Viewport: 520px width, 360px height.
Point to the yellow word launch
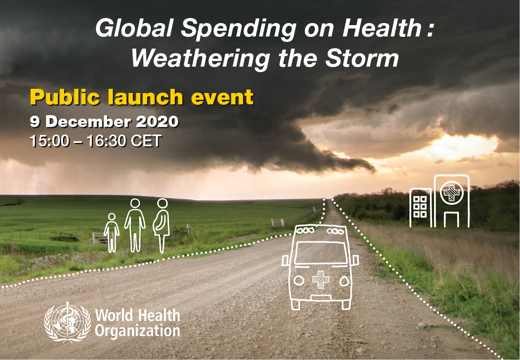[x=145, y=97]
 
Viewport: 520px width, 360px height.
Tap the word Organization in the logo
[x=137, y=331]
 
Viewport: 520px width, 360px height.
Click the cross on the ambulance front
[x=321, y=279]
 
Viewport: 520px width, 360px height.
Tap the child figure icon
[x=111, y=233]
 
